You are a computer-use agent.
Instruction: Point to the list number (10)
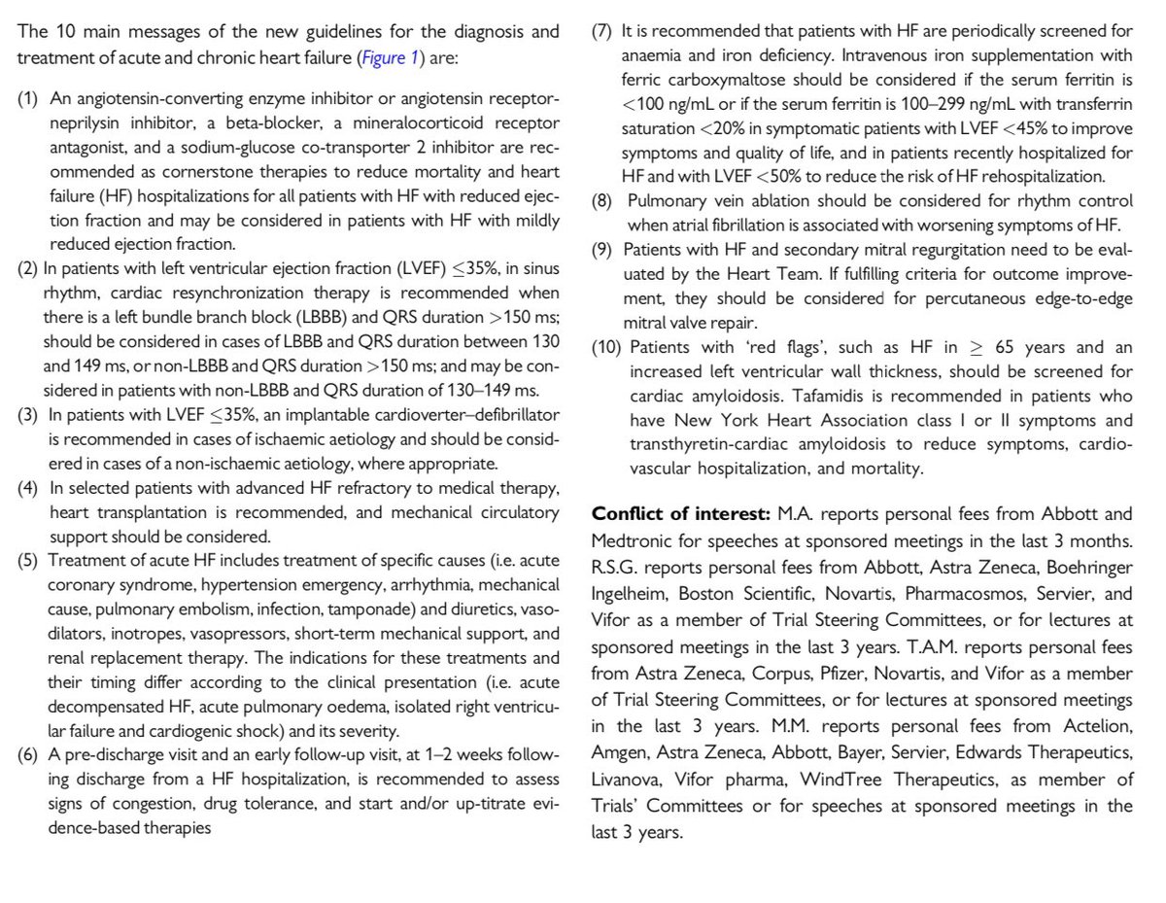tap(608, 348)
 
